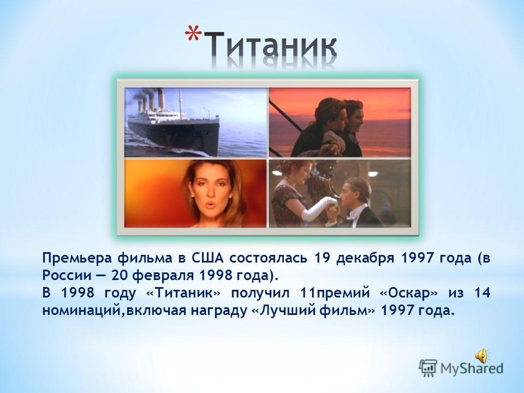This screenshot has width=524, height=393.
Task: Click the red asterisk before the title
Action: pyautogui.click(x=193, y=34)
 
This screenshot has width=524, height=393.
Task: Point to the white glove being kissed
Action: pyautogui.click(x=318, y=207)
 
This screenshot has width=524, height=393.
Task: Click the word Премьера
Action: pyautogui.click(x=76, y=258)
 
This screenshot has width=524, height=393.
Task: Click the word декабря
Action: pyautogui.click(x=365, y=258)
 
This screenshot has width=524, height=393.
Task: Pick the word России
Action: pyautogui.click(x=67, y=275)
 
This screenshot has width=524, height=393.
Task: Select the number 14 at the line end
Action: pyautogui.click(x=483, y=293)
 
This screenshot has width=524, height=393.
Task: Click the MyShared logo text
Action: pyautogui.click(x=472, y=368)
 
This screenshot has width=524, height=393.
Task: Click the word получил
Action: pyautogui.click(x=260, y=294)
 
